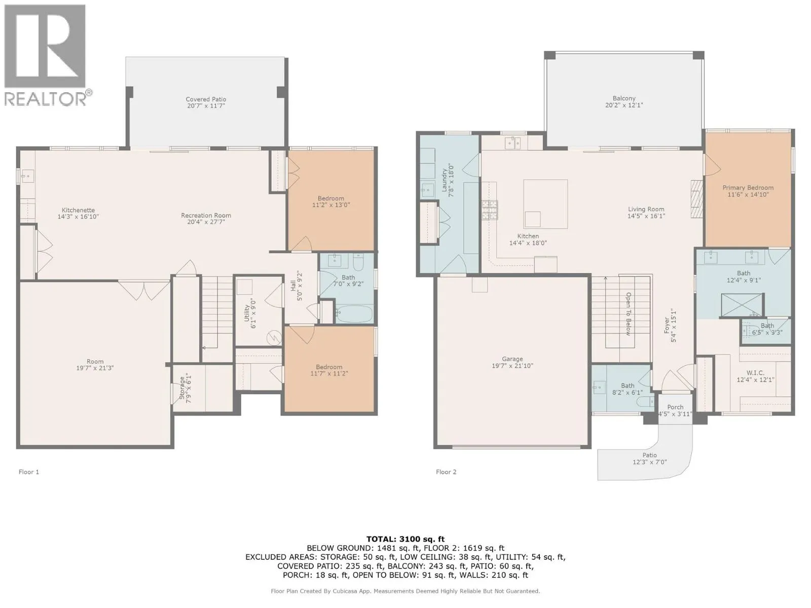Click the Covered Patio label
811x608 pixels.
pyautogui.click(x=205, y=99)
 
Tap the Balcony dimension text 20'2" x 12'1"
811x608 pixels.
pyautogui.click(x=624, y=105)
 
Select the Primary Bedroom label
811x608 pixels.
pyautogui.click(x=748, y=187)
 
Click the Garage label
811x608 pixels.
pyautogui.click(x=512, y=359)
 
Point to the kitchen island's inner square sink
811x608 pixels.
pyautogui.click(x=532, y=219)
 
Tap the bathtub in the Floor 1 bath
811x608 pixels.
pyautogui.click(x=354, y=314)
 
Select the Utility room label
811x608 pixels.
pyautogui.click(x=247, y=313)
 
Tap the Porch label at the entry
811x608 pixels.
pyautogui.click(x=675, y=407)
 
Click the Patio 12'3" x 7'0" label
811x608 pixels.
pyautogui.click(x=649, y=459)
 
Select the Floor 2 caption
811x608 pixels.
pyautogui.click(x=446, y=472)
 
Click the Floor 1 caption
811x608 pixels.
pyautogui.click(x=29, y=472)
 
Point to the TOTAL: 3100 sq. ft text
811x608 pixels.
pyautogui.click(x=405, y=539)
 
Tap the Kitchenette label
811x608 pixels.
pyautogui.click(x=78, y=210)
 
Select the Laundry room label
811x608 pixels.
pyautogui.click(x=445, y=180)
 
